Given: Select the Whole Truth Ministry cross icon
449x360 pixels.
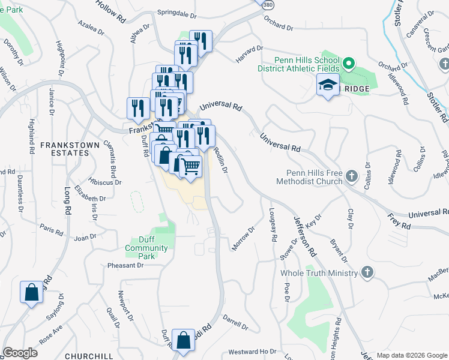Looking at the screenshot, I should point(367,273).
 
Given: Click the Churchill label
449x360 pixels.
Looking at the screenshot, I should point(89,356).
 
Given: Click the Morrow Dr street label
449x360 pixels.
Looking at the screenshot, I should point(244,238).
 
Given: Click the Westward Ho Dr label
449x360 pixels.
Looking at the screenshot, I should point(252,352).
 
